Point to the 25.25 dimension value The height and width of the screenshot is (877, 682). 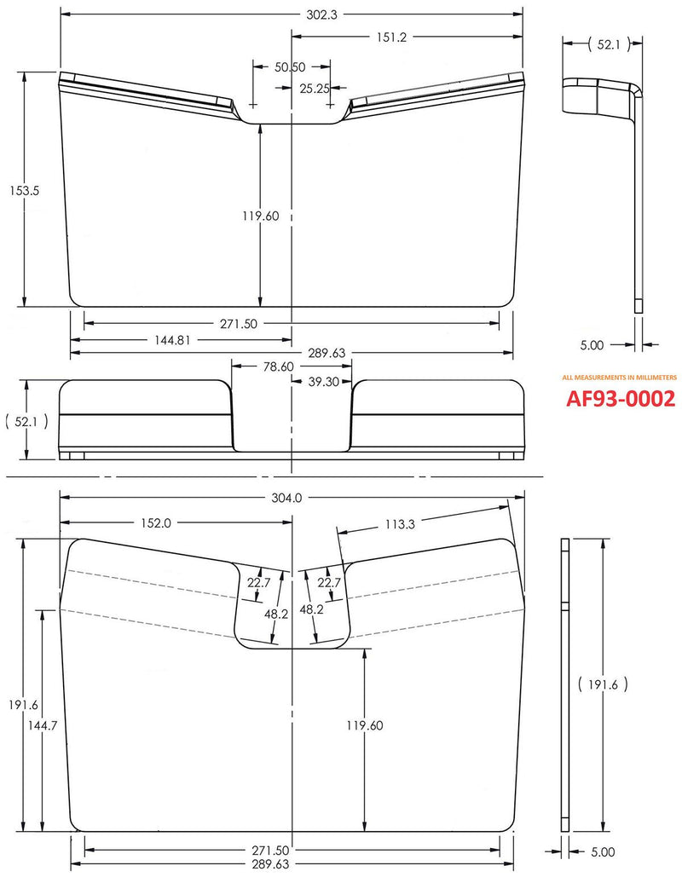pos(315,87)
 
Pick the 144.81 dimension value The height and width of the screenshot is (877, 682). pos(172,339)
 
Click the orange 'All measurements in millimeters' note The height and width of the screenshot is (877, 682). pos(619,376)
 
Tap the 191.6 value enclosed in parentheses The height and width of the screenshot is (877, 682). pos(603,683)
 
